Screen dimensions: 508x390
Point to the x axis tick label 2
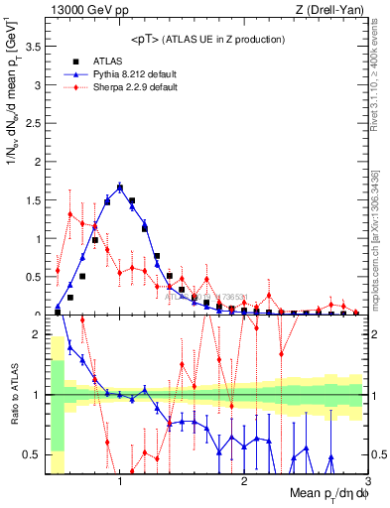(244, 480)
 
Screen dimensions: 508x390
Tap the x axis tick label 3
(366, 480)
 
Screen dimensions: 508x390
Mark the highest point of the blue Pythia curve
(120, 187)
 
